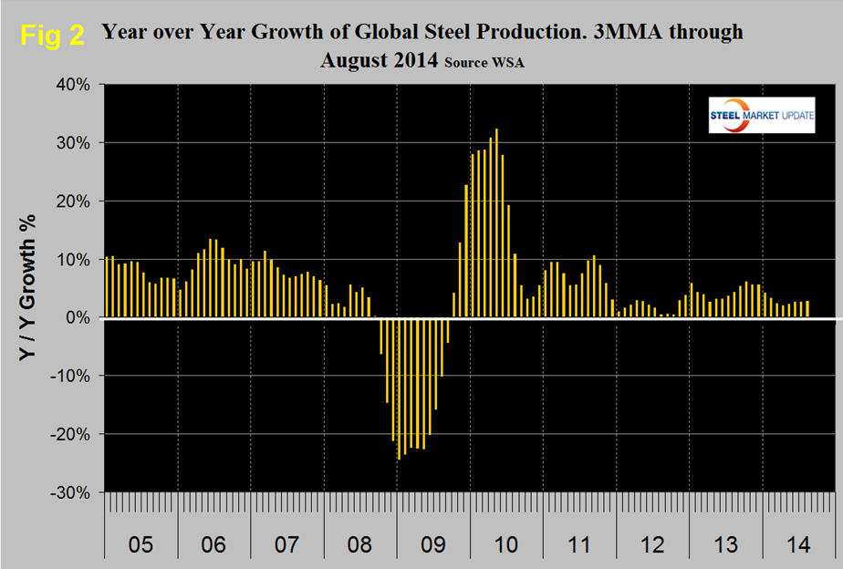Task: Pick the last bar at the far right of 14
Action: [x=807, y=309]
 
